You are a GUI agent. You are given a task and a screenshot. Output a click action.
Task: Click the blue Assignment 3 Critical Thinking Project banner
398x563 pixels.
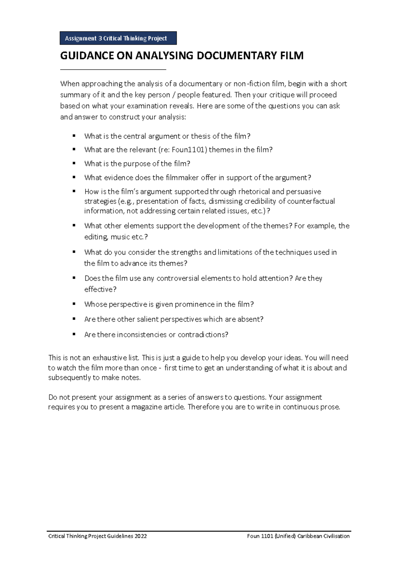[118, 38]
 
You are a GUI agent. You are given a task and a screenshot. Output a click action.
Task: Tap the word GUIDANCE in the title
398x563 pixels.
[87, 55]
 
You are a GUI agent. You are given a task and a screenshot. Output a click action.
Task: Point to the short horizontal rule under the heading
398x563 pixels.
[113, 70]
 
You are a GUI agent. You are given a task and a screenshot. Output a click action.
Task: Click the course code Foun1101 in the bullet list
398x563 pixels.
[189, 150]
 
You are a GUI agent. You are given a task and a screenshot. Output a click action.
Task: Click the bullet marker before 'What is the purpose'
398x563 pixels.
[74, 163]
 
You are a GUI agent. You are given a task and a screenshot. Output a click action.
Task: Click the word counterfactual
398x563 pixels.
[311, 201]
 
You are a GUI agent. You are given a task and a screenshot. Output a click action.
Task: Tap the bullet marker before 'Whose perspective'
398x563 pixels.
[74, 304]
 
